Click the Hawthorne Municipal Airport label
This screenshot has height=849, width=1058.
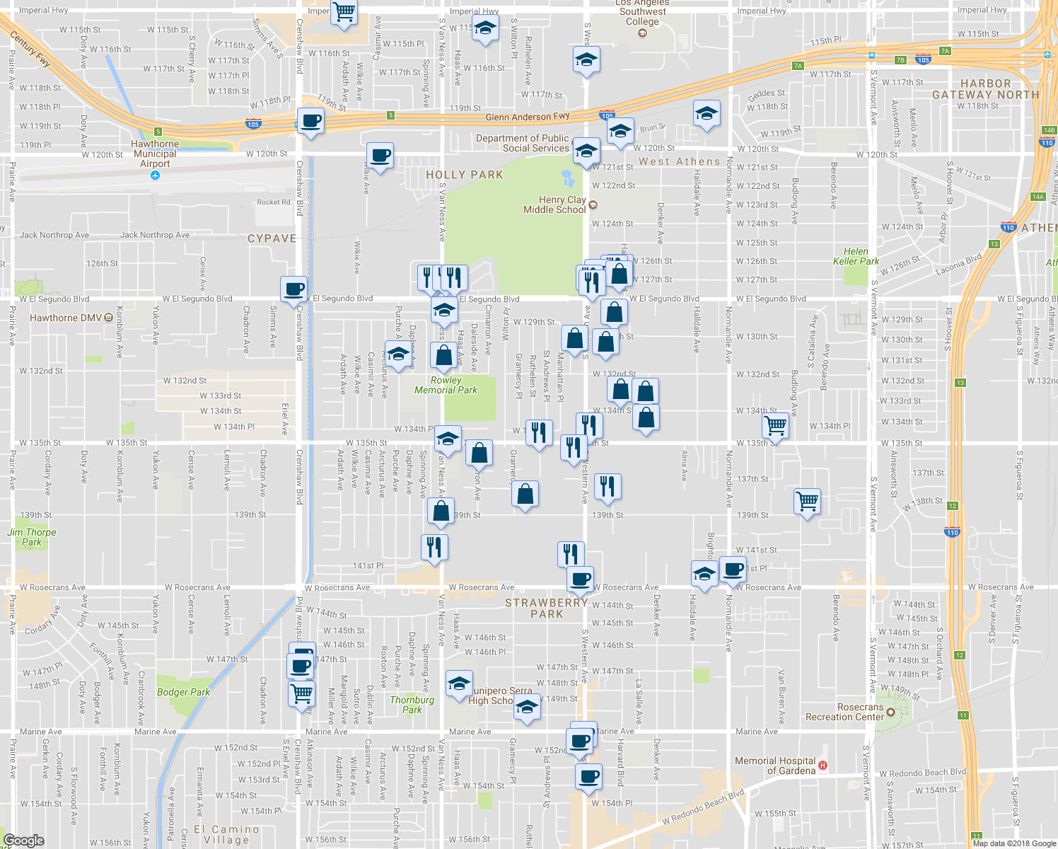coord(155,154)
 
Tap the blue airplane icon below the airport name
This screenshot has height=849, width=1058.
coord(155,175)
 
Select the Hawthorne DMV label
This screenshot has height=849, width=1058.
coord(65,318)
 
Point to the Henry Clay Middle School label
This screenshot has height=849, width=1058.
coord(554,205)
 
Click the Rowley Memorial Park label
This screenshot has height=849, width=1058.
coord(446,385)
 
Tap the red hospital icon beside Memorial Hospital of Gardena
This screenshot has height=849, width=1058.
coord(822,766)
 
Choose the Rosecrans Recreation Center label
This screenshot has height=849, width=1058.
coord(844,712)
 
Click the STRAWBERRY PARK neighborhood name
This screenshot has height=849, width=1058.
coord(547,608)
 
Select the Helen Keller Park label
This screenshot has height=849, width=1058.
coord(856,256)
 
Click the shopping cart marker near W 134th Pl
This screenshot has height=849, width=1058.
coord(776,425)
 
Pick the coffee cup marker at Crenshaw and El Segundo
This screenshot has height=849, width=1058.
coord(293,289)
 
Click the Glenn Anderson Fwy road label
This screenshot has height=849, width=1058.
coord(528,117)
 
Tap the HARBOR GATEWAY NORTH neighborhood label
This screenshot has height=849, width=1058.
coord(986,89)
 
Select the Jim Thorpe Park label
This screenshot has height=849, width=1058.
coord(32,537)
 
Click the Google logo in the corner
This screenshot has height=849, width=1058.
coord(24,840)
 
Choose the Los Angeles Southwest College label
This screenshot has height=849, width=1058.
coord(642,12)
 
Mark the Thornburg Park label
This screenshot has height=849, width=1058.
coord(412,705)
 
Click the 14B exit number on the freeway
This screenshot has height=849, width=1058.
coord(1049,130)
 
